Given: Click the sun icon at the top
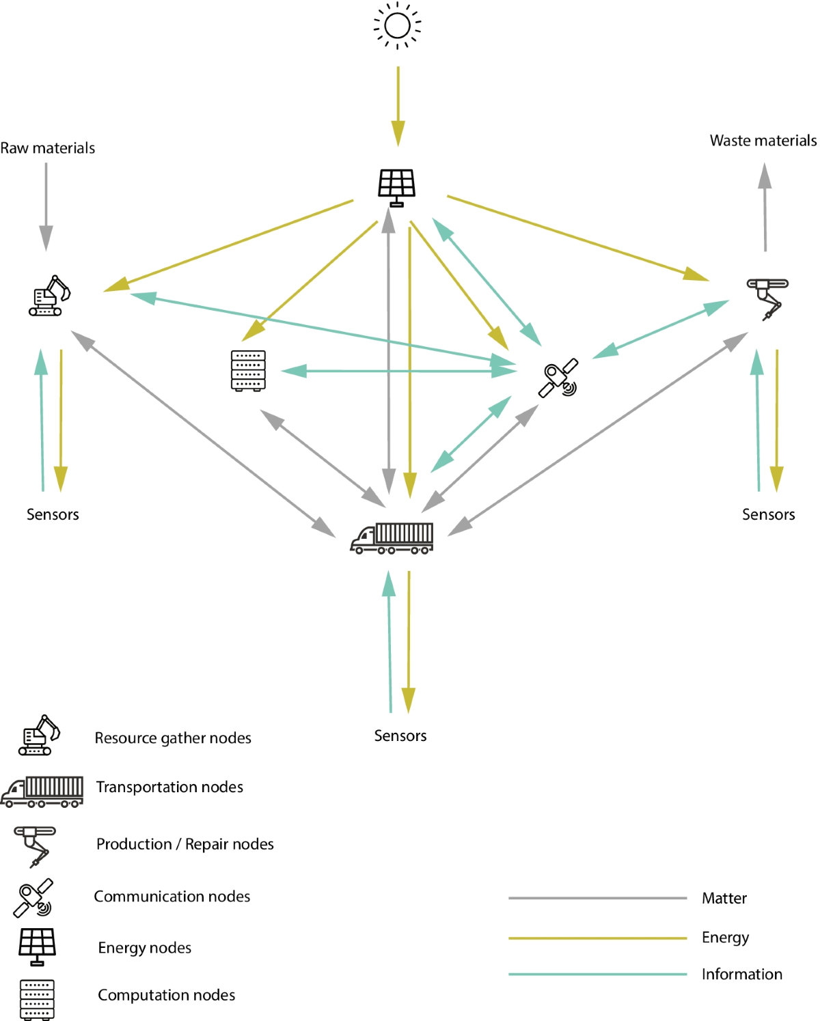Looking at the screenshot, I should [x=397, y=26].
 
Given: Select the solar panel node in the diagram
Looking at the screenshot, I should [x=397, y=186].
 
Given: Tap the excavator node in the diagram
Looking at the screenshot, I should [x=49, y=296].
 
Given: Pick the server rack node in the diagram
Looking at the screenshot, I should [x=248, y=371].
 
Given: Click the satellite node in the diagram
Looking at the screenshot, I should [x=558, y=378].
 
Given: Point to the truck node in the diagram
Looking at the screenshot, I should [x=392, y=538].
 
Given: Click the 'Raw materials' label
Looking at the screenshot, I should [x=48, y=148].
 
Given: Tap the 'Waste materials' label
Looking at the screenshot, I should [x=763, y=141].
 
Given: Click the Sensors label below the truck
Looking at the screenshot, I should [x=400, y=736].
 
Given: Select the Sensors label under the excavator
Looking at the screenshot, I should [x=53, y=514].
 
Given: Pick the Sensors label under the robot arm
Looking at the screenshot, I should [x=768, y=514].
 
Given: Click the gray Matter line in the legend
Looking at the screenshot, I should [x=597, y=898].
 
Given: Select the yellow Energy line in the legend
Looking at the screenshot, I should [x=597, y=938].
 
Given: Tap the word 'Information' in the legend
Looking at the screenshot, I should [x=741, y=974].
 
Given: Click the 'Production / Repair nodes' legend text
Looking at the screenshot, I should [x=184, y=844].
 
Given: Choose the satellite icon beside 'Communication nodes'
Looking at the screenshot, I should [x=33, y=897].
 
